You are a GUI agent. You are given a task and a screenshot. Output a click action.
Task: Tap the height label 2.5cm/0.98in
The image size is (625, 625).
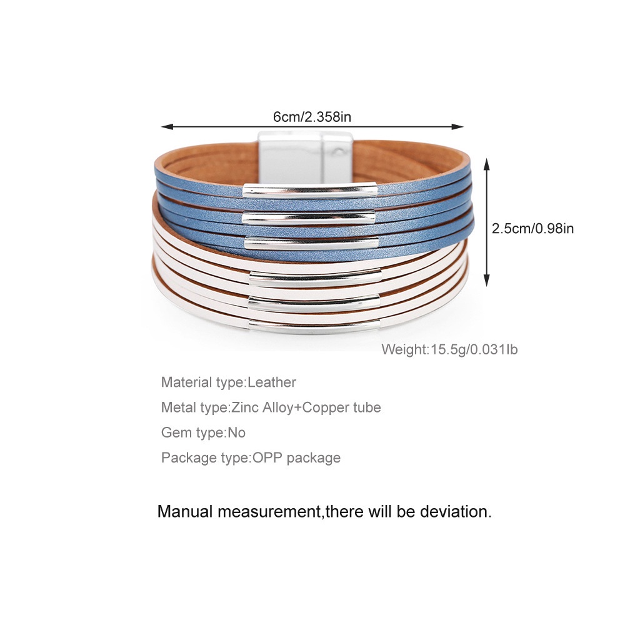[x=532, y=229]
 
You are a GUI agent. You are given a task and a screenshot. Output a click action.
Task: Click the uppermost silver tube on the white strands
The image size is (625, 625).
[x=314, y=272]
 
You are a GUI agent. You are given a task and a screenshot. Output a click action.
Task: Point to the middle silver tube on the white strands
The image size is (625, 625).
[x=314, y=301]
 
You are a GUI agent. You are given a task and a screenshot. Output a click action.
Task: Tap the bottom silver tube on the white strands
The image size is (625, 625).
[x=315, y=325]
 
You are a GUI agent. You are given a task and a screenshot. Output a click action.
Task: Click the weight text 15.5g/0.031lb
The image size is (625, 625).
[x=473, y=349]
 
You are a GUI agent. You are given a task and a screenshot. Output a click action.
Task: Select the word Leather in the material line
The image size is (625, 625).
[x=272, y=382]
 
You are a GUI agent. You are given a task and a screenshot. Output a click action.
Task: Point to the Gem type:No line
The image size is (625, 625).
[x=203, y=432]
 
